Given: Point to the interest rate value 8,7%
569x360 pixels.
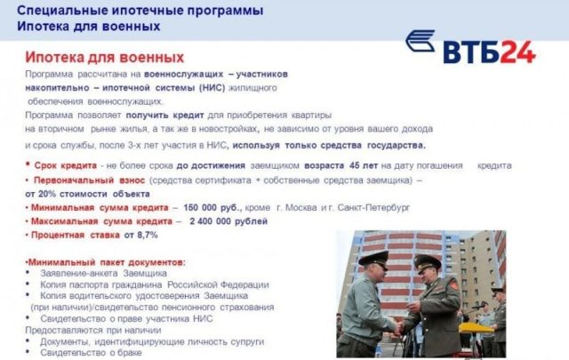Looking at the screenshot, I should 147,235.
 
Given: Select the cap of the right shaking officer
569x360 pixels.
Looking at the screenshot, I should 428,262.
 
